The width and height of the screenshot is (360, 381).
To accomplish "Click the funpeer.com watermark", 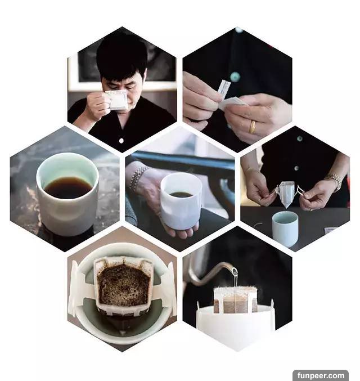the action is point(321,375).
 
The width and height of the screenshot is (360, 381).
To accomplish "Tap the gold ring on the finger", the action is point(253,127).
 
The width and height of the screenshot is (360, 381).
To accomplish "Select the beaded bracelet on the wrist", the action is point(137,177).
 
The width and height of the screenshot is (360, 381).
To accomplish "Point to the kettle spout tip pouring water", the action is point(234,271).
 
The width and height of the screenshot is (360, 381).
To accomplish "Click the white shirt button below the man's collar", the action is point(121,141).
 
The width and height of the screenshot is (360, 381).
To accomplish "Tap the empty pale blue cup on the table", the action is point(285,228).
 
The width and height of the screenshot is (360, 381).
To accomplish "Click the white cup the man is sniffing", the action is point(117,100).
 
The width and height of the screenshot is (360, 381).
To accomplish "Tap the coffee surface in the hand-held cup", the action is point(181,194).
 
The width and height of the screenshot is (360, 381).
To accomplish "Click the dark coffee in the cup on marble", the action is point(68,187).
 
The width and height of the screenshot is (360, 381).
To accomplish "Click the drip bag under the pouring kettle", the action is point(235,299).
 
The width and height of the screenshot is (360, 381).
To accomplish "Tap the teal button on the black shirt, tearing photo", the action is point(235,77).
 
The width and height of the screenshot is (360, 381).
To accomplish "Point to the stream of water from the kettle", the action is point(235,280).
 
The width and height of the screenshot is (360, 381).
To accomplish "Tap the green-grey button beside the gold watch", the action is point(296,168).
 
